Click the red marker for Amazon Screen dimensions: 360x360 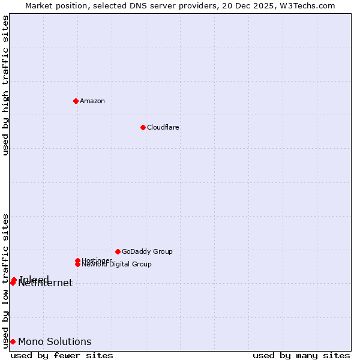76,101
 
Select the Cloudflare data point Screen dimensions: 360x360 143,127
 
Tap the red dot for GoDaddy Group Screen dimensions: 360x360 118,251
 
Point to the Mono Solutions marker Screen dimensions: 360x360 13,342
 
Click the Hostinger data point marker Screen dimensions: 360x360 77,260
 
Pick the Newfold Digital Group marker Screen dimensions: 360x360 78,265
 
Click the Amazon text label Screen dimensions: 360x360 92,101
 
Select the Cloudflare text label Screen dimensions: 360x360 163,127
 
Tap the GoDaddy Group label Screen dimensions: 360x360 147,251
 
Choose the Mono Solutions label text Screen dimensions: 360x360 55,342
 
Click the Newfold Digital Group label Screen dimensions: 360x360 117,265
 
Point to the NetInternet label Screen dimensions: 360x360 46,284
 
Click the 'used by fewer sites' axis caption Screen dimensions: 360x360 62,355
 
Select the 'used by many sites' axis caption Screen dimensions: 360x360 301,355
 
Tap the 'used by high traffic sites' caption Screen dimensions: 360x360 6,85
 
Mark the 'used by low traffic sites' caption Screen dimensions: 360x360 6,281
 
